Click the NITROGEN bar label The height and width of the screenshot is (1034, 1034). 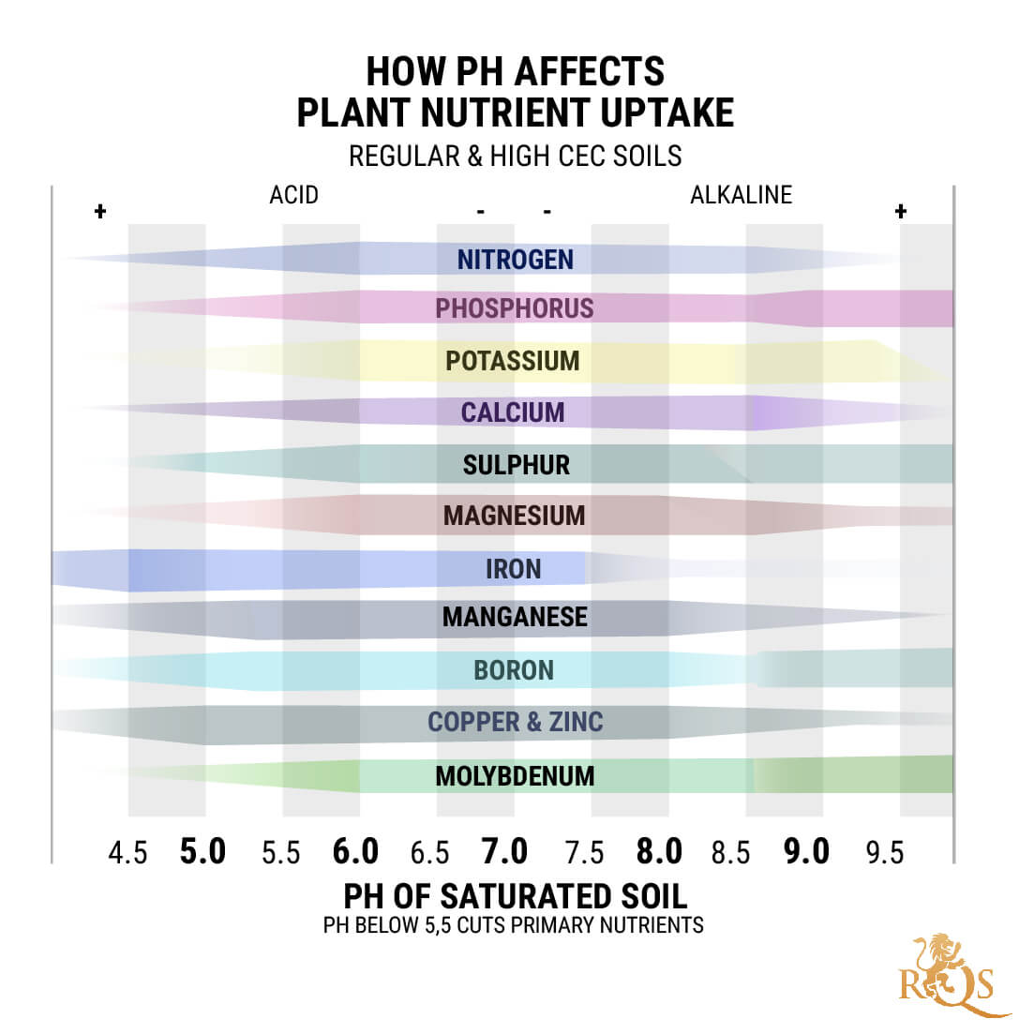tap(515, 260)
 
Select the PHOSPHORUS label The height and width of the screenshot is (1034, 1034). tap(514, 308)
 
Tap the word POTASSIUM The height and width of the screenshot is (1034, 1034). tap(512, 361)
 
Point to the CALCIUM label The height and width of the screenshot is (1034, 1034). tap(512, 412)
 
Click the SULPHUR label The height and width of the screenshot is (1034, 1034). tap(516, 465)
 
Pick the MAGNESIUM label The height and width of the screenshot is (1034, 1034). tap(514, 516)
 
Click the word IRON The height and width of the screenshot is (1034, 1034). tap(513, 569)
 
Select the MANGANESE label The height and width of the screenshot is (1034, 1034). tap(515, 617)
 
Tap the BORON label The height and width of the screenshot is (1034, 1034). tap(514, 670)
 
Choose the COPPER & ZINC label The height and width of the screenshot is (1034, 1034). tap(515, 722)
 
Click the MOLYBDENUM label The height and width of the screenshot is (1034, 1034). tap(515, 776)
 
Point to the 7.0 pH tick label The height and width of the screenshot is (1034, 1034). tap(504, 851)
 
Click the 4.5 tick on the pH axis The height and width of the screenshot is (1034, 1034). tap(127, 853)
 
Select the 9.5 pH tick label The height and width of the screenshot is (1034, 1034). tap(884, 853)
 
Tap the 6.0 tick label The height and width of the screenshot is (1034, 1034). tap(355, 851)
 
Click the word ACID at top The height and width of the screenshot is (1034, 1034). tap(293, 195)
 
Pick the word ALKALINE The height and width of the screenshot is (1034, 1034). tap(741, 195)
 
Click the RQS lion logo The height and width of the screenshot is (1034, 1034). tap(948, 975)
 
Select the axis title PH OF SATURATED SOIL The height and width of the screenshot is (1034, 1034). tap(515, 896)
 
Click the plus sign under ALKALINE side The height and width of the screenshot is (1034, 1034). tap(900, 211)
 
